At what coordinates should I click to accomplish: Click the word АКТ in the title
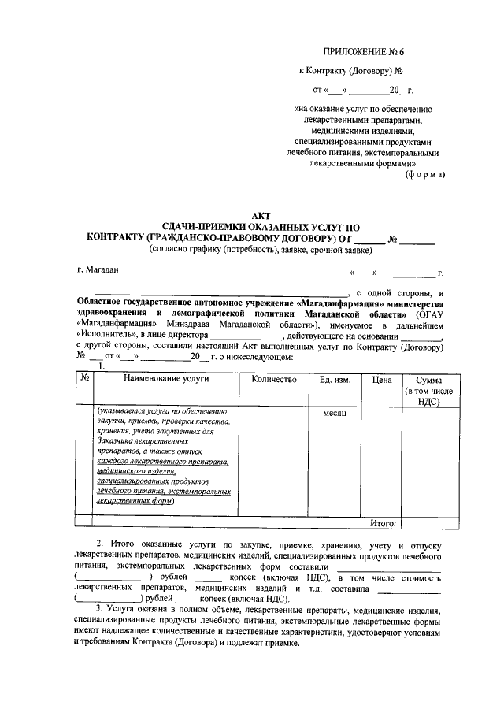click(x=260, y=215)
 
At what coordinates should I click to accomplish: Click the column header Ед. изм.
click(x=335, y=380)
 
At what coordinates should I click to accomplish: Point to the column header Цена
click(x=381, y=380)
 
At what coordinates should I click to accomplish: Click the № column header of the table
click(x=84, y=378)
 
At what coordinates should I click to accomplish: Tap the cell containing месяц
click(x=335, y=413)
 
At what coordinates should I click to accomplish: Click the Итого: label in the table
click(x=384, y=522)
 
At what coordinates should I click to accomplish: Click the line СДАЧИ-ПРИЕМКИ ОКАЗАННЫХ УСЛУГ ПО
click(x=260, y=227)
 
